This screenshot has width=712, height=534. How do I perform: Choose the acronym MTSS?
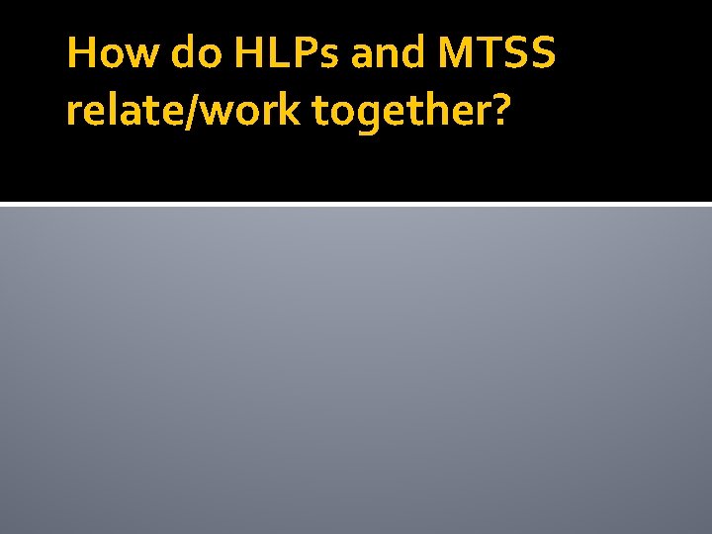click(x=496, y=52)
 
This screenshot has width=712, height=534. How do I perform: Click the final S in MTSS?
click(x=542, y=52)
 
